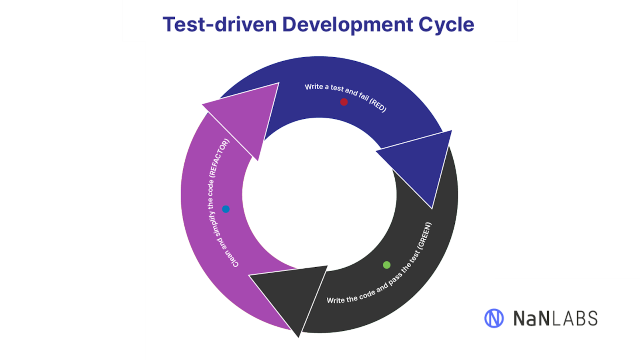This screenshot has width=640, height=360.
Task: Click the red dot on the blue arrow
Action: [344, 102]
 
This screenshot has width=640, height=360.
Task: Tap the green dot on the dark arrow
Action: [386, 265]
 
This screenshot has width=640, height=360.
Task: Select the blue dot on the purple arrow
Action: [226, 209]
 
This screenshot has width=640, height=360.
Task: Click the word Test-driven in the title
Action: [220, 24]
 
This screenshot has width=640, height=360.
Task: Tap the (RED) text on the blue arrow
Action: [378, 104]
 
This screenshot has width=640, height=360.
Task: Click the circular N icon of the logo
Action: [494, 318]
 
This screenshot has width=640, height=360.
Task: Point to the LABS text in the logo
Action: [575, 318]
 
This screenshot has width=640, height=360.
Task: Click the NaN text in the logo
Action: [532, 318]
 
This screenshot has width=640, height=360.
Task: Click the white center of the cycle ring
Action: [320, 194]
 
